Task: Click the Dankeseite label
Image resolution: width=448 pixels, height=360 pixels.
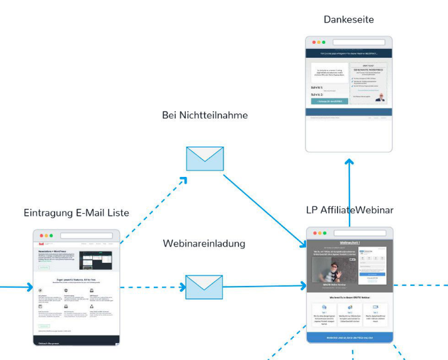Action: point(348,19)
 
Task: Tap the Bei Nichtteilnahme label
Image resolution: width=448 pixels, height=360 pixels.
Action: point(205,115)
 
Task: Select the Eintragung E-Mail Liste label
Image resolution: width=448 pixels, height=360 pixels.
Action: point(76,213)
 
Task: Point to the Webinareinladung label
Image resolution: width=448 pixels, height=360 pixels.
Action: point(204,243)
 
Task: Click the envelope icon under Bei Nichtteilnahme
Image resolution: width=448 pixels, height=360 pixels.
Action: point(205,159)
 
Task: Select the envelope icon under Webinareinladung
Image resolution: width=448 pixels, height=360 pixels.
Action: point(204,287)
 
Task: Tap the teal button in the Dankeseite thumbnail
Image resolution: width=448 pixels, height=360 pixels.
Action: point(329,101)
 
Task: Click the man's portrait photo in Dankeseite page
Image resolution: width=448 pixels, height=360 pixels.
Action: point(381,97)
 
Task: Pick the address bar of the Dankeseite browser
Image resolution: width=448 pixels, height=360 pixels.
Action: point(358,42)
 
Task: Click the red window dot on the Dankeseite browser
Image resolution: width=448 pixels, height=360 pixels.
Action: point(312,42)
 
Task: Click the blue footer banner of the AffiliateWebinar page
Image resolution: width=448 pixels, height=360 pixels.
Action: point(349,337)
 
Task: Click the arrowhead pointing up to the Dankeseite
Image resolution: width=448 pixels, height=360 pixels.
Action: point(349,161)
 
